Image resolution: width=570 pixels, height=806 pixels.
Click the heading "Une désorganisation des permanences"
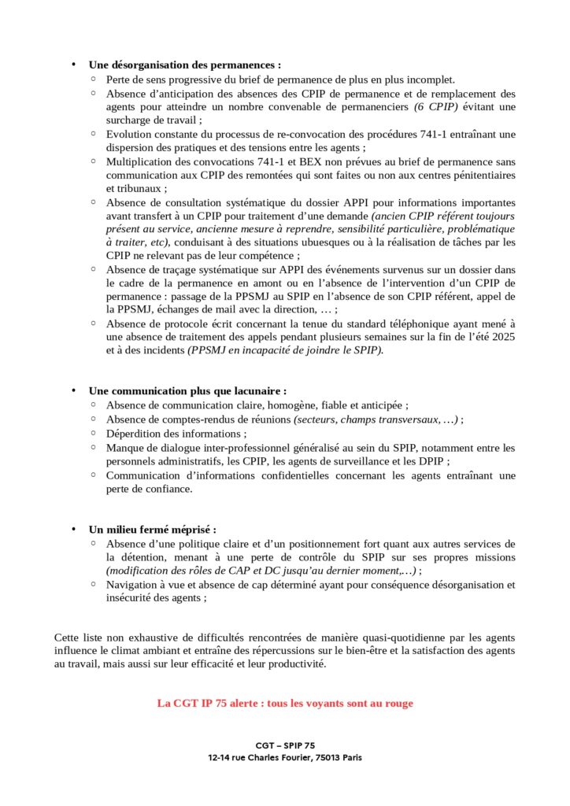point(184,65)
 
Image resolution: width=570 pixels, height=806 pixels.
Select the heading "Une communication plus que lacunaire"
point(187,390)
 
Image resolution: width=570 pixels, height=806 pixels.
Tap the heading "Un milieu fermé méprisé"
point(152,529)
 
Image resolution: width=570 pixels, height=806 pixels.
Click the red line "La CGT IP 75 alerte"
point(285,703)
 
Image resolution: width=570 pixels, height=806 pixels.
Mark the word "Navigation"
point(132,585)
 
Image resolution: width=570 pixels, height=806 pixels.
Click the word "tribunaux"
point(133,188)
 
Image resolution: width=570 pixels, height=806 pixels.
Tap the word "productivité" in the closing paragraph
point(296,664)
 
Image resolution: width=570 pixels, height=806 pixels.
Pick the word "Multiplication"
point(139,161)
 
